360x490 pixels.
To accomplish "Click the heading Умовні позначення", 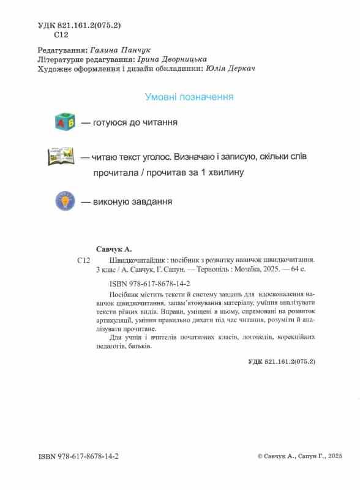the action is [189, 97].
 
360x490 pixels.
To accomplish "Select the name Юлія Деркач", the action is [230, 69].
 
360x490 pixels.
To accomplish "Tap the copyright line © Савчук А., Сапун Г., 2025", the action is [300, 457].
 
